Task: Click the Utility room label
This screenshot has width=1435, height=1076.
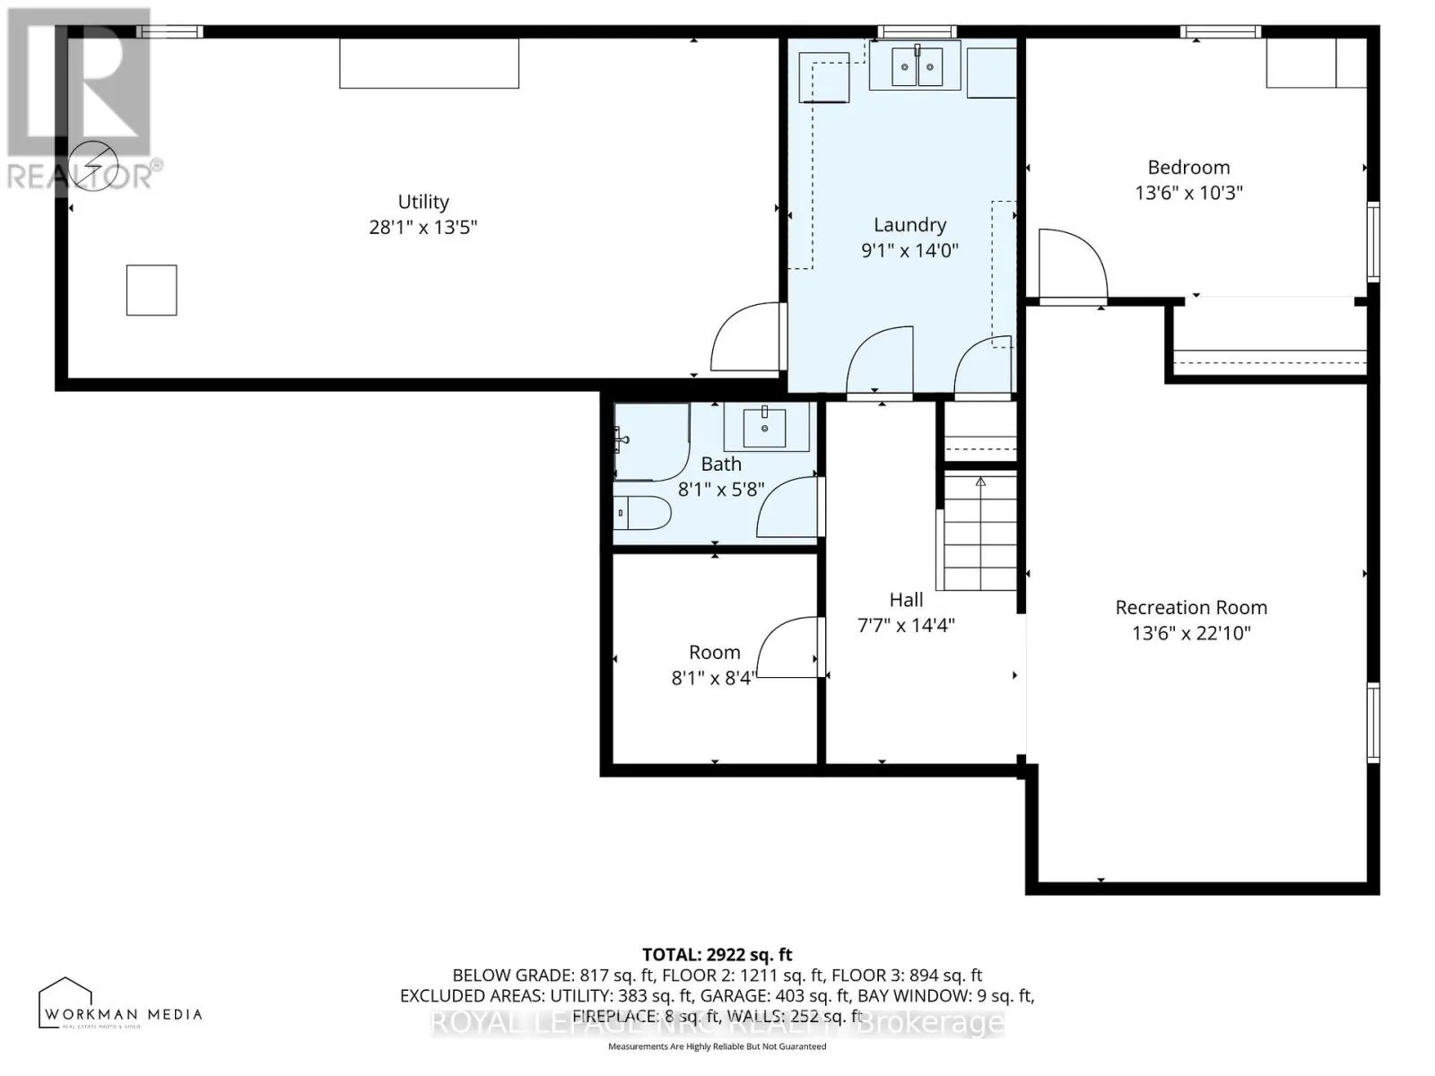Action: [422, 203]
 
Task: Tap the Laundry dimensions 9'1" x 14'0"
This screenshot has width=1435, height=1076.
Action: [909, 251]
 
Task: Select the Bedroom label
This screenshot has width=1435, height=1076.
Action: [1188, 168]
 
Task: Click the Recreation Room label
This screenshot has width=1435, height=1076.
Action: [1190, 608]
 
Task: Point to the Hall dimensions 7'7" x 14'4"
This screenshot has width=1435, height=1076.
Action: [906, 626]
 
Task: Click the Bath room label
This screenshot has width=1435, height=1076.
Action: [721, 464]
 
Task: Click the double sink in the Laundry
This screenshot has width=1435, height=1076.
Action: [916, 66]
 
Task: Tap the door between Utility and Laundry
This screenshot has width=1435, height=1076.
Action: [746, 339]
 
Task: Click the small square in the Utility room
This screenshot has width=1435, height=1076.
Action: [152, 290]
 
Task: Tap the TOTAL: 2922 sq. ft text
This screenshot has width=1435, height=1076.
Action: [717, 955]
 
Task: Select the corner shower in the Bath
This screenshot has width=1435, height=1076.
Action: [650, 439]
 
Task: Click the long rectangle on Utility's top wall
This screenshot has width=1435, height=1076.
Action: [429, 63]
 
